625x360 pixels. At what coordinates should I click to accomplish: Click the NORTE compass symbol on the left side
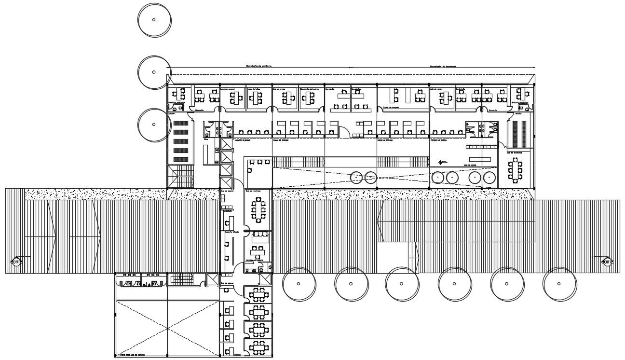coord(16,262)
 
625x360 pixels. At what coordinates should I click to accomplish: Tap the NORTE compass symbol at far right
coord(607,262)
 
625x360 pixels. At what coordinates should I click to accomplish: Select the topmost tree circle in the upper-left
coord(154,20)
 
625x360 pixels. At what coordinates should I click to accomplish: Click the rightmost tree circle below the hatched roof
coord(560,284)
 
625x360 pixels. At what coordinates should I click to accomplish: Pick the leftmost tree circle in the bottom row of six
coord(299,284)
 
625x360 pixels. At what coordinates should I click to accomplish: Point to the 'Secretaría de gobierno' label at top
coord(258,66)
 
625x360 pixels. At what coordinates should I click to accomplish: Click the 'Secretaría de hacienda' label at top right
coord(443,67)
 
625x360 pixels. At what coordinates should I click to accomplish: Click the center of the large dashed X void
coord(167,328)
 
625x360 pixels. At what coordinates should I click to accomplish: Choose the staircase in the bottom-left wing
coord(181,280)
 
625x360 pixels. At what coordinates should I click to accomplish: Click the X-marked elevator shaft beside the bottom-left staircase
coord(212,279)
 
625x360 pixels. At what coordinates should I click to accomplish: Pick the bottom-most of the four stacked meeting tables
coord(259,346)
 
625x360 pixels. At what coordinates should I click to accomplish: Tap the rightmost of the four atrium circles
coord(489,178)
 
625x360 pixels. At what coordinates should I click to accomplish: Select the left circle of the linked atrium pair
coord(356,177)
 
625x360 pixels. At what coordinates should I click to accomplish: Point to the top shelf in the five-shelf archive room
coord(180,124)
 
